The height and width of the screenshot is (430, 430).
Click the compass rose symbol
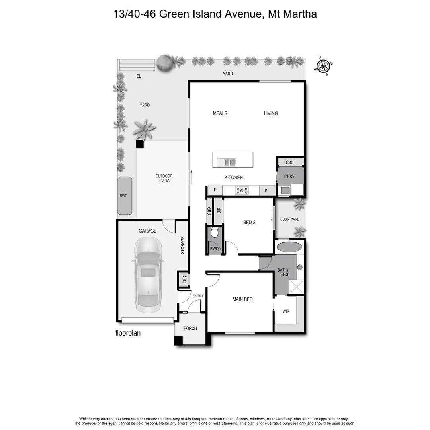[324, 66]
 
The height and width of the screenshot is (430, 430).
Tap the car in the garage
[147, 275]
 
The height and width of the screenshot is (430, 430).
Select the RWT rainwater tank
[124, 196]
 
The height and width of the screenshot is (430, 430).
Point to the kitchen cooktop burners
[241, 191]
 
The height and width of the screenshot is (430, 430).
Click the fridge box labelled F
[215, 190]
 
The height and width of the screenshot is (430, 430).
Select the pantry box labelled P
[266, 191]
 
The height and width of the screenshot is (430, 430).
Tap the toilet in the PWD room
[215, 232]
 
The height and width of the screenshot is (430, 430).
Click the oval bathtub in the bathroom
[289, 247]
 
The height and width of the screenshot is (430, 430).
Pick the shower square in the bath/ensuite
[296, 287]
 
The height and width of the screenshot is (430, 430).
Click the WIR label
[286, 311]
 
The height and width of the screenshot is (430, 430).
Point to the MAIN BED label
[242, 299]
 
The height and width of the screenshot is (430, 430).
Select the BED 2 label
[249, 223]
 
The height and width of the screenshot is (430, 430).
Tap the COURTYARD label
[289, 219]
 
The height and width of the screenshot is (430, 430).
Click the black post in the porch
[178, 341]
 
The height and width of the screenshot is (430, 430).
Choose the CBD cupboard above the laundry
[289, 162]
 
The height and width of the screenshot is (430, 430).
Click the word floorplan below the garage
[128, 333]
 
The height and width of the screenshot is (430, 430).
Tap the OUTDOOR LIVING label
[164, 178]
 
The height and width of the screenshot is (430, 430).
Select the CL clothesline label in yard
[139, 76]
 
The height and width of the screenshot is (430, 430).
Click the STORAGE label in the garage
[183, 245]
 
